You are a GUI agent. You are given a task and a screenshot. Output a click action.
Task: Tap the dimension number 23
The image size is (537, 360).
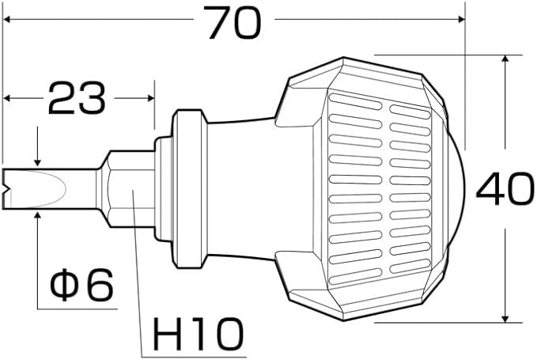[x=77, y=98]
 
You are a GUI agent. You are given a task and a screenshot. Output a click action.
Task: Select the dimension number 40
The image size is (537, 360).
[x=505, y=189]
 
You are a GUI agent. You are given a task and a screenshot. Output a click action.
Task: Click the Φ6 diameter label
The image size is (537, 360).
[x=81, y=285]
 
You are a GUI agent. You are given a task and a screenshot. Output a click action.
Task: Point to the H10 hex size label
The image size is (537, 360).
[x=198, y=332]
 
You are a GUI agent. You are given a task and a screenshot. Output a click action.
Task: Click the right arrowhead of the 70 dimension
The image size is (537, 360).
[x=460, y=20]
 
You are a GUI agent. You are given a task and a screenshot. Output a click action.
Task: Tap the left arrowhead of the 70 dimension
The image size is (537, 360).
[x=7, y=20]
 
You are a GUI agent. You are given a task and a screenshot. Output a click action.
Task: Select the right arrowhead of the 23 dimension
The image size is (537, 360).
[x=151, y=98]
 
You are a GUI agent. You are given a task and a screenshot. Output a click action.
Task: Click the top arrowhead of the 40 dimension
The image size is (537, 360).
[x=505, y=59]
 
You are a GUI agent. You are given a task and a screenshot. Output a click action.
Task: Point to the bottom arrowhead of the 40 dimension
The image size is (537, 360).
[x=505, y=318]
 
